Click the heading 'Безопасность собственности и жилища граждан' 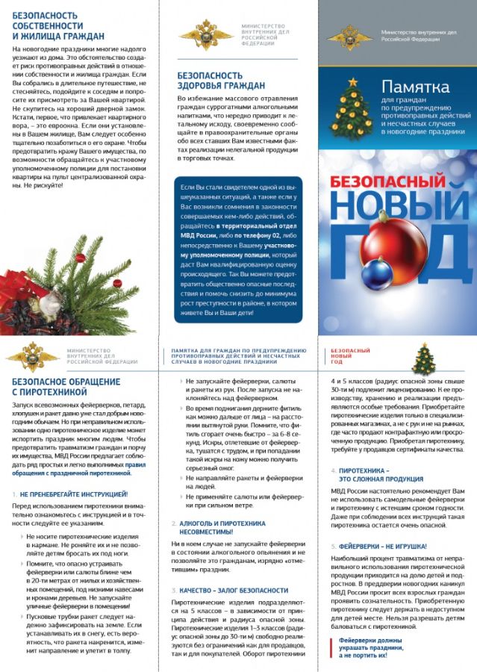[60, 25]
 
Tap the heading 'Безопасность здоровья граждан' [221, 81]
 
